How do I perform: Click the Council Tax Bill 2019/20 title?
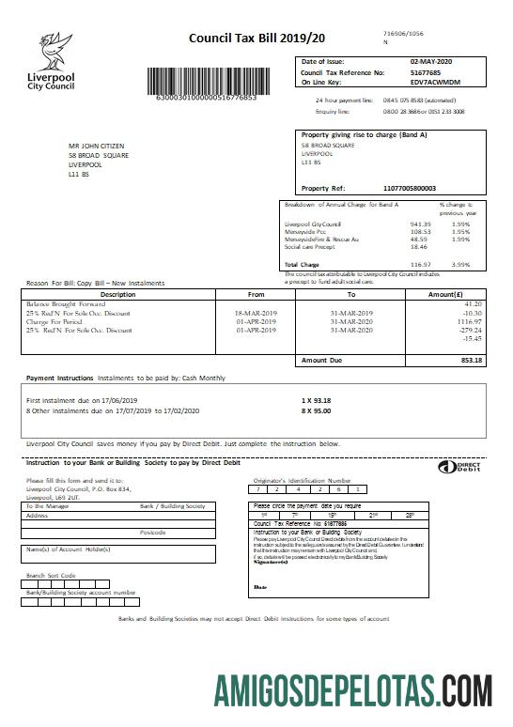(x=244, y=39)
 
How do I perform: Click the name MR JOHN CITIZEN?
(x=97, y=147)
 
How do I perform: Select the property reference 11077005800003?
(x=411, y=188)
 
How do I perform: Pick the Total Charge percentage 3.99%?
(x=460, y=266)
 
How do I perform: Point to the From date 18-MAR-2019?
(x=256, y=312)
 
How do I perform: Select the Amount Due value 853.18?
(x=469, y=360)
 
